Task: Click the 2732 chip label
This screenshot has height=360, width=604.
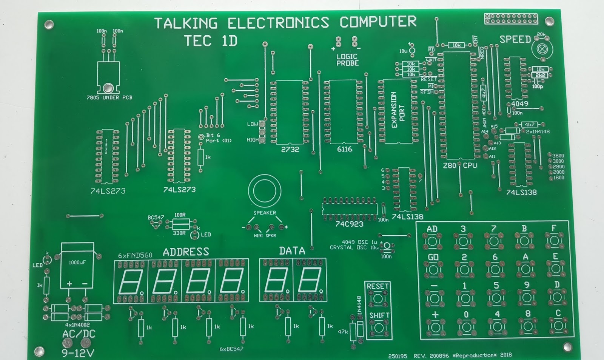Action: pos(290,150)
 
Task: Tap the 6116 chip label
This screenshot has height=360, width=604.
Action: pos(344,149)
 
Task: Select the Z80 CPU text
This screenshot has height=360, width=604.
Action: pos(460,165)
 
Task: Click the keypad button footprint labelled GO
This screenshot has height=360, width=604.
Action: pos(433,270)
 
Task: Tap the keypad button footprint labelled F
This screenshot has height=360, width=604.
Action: pos(554,240)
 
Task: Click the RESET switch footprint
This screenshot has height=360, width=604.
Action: pos(377,298)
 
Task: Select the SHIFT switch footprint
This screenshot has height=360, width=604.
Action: pos(379,327)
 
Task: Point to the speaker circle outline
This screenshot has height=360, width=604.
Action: pos(264,191)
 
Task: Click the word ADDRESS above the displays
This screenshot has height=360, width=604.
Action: pos(186,252)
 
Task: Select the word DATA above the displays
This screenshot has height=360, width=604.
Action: pos(292,251)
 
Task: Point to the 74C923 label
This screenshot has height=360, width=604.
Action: pos(349,224)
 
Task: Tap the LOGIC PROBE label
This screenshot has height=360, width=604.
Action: pos(347,60)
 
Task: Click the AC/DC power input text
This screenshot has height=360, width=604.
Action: pos(79,334)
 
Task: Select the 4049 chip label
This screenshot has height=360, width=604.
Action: pos(520,104)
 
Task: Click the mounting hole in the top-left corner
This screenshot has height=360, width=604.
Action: pos(49,25)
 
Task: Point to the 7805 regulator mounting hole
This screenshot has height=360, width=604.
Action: pos(108,88)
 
